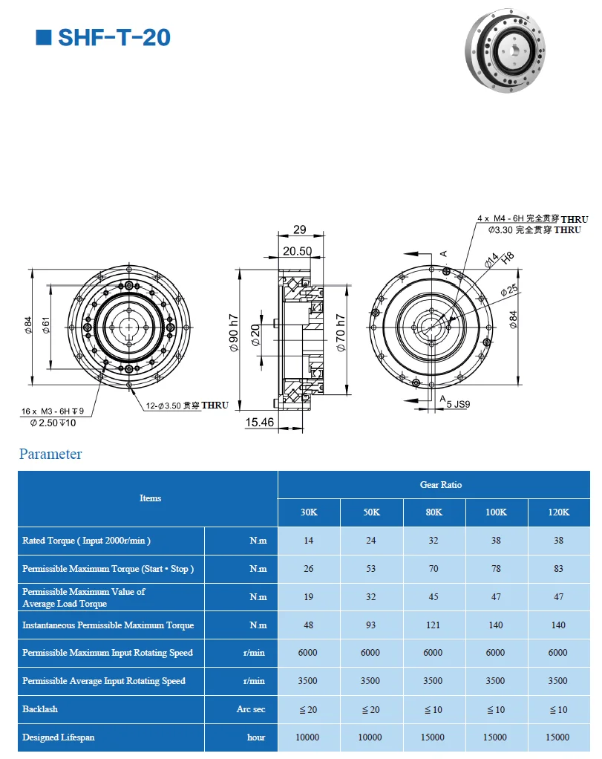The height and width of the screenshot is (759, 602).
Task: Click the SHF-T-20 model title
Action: pyautogui.click(x=114, y=38)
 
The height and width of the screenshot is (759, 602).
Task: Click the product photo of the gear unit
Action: pyautogui.click(x=505, y=51)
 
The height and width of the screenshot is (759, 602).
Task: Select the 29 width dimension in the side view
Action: pyautogui.click(x=300, y=229)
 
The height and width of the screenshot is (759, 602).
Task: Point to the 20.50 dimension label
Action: pyautogui.click(x=297, y=251)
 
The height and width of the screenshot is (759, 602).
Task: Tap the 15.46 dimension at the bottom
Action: pyautogui.click(x=259, y=422)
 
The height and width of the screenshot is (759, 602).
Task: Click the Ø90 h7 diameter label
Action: pyautogui.click(x=234, y=333)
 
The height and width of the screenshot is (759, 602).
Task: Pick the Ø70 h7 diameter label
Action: pyautogui.click(x=341, y=333)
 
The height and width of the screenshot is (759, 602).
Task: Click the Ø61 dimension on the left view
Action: pyautogui.click(x=46, y=325)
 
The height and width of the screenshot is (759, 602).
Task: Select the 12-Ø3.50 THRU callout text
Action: pyautogui.click(x=187, y=405)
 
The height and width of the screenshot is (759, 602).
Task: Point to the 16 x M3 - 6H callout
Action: pyautogui.click(x=52, y=411)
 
